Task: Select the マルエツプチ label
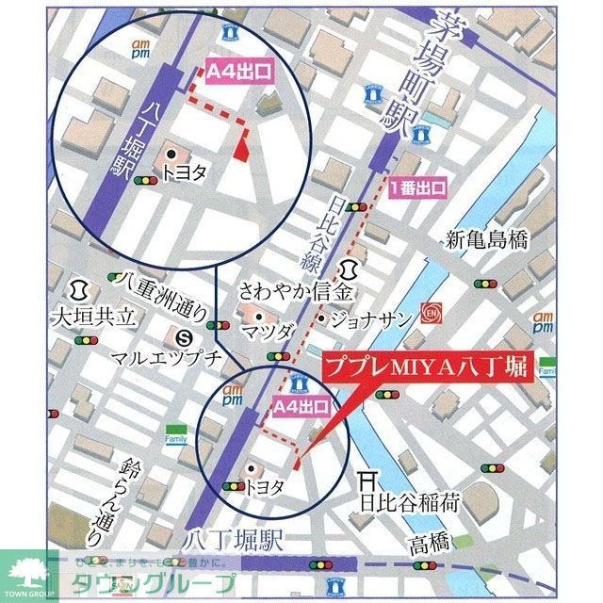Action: pos(153,359)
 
